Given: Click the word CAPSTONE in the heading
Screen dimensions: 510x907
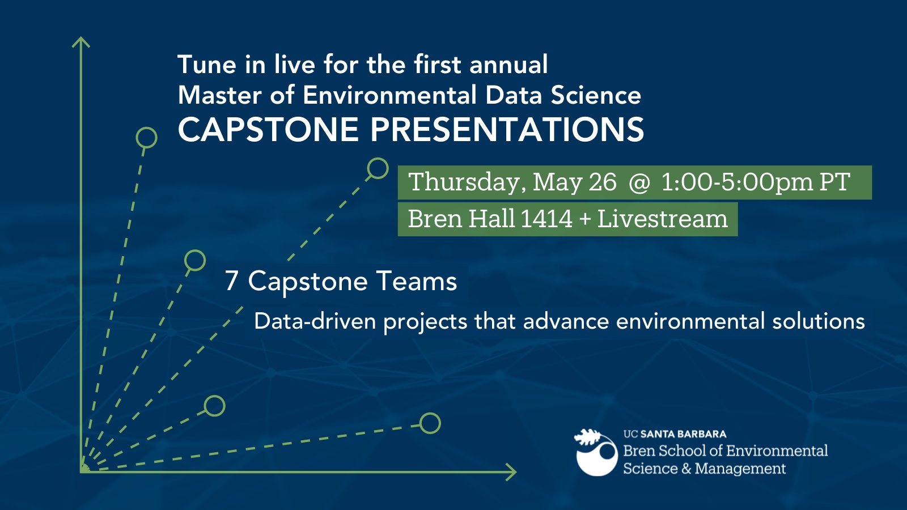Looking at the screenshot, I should pyautogui.click(x=268, y=130).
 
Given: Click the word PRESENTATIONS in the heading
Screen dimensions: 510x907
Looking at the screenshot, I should pyautogui.click(x=507, y=130).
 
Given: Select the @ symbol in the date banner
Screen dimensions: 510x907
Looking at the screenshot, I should pyautogui.click(x=639, y=183).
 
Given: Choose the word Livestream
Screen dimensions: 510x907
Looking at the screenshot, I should pyautogui.click(x=662, y=219).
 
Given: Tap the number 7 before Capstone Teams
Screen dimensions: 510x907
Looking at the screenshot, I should pyautogui.click(x=231, y=281).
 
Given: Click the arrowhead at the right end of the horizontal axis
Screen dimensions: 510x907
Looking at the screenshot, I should pyautogui.click(x=511, y=471).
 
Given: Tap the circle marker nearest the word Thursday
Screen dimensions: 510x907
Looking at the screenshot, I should pyautogui.click(x=378, y=168).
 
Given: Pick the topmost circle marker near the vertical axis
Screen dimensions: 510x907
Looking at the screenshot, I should pyautogui.click(x=146, y=138).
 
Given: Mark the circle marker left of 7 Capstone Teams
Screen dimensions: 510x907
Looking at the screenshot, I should pyautogui.click(x=195, y=260).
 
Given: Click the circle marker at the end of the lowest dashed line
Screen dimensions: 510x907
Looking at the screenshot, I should pyautogui.click(x=430, y=423).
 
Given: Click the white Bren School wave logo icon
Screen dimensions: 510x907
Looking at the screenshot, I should pyautogui.click(x=596, y=453).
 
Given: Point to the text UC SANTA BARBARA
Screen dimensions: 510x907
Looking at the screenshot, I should pyautogui.click(x=675, y=434).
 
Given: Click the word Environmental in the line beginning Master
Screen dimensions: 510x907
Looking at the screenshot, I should pyautogui.click(x=389, y=95).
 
